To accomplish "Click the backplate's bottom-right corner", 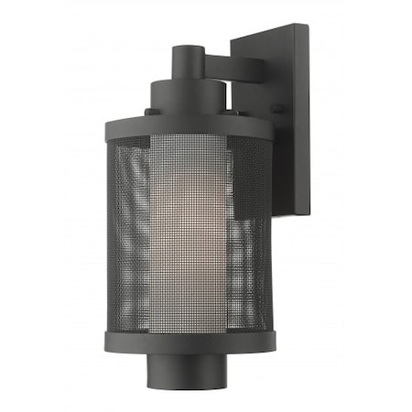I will tap(309, 216).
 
